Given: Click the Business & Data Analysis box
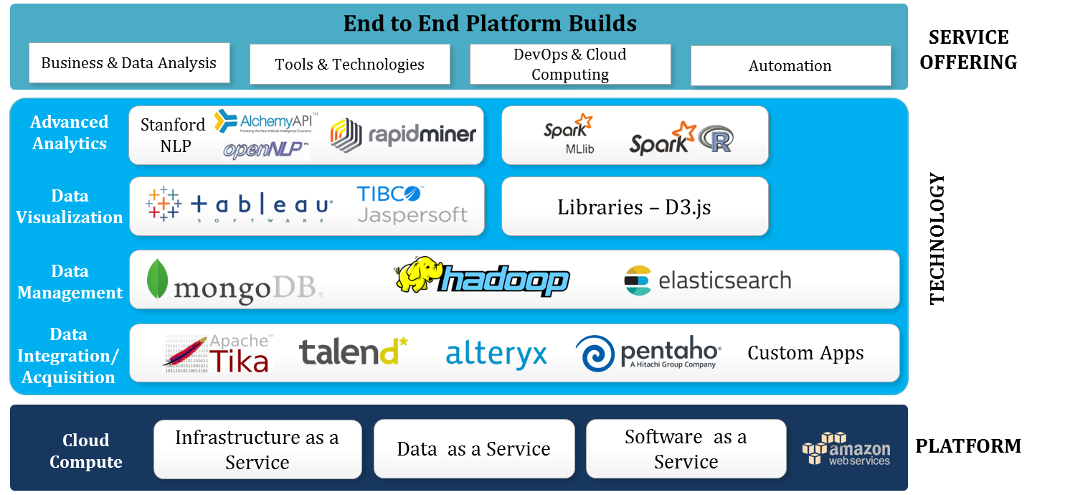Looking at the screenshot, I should tap(129, 63).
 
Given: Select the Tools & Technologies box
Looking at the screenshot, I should tap(349, 65).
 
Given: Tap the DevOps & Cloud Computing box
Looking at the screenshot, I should tap(570, 65).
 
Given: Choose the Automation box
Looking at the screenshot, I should tap(790, 66).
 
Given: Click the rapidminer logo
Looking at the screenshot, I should tap(403, 134).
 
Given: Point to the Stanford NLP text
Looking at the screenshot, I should tap(173, 135).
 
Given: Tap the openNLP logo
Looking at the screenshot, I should tap(265, 150).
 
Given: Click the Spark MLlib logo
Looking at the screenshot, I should tap(568, 133).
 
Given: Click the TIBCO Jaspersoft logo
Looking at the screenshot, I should tap(412, 205).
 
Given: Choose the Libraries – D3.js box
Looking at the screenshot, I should tap(635, 207).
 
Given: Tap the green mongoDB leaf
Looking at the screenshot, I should tap(157, 279).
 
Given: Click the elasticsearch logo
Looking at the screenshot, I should tap(708, 280).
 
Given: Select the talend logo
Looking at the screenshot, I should tap(353, 352).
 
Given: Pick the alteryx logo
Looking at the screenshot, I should tap(496, 354).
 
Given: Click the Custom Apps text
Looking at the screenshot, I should tap(805, 353).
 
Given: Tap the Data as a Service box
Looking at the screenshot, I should tap(474, 449).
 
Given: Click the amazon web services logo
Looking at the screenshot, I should tap(847, 450).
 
